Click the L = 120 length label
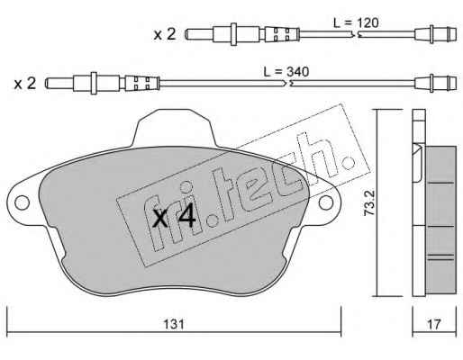[x=356, y=23]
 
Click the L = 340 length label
[x=286, y=72]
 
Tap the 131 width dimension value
[x=174, y=324]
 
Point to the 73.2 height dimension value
[x=369, y=202]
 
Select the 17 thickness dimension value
[x=434, y=324]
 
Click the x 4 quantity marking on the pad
[x=174, y=218]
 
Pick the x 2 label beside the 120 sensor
[x=165, y=34]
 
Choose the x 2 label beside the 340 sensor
[x=25, y=83]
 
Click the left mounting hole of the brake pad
[x=22, y=202]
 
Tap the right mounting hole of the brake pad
[x=326, y=202]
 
